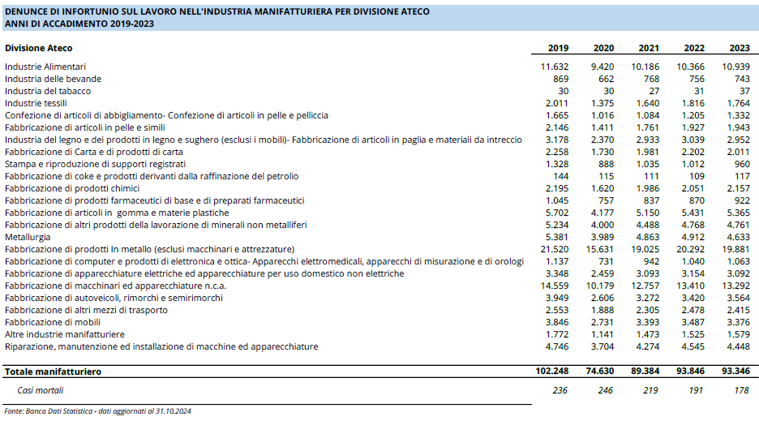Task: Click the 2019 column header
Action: [x=558, y=48]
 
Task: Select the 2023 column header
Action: [x=740, y=48]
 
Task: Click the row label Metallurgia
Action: [x=28, y=237]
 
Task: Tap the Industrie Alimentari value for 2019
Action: [x=554, y=67]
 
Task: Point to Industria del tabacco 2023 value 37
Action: [x=744, y=91]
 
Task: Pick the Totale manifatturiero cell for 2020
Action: [x=600, y=371]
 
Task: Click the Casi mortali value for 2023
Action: [x=741, y=390]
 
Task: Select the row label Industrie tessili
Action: [x=36, y=103]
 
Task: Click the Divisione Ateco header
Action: [x=39, y=48]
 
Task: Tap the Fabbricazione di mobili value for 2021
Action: [x=645, y=322]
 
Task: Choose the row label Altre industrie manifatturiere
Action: [x=65, y=334]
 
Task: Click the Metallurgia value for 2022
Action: [x=691, y=237]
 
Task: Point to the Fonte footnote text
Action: [x=98, y=410]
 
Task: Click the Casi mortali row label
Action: [x=41, y=390]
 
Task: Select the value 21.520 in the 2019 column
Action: [x=554, y=249]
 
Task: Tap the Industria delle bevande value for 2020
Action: [x=606, y=79]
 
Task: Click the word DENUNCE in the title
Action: [x=25, y=11]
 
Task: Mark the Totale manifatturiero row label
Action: [x=54, y=372]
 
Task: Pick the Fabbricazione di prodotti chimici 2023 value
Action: [x=738, y=188]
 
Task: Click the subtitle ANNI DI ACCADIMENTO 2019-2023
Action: [x=79, y=24]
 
